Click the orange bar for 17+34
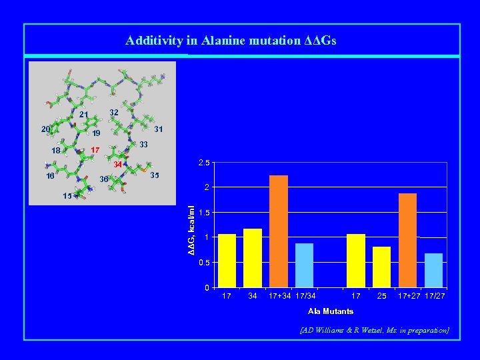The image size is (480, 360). [x=279, y=231]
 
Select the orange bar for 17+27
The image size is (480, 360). [x=407, y=240]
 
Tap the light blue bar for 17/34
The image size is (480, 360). [x=304, y=265]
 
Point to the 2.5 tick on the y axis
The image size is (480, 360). [x=205, y=163]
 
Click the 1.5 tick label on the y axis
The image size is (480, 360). [x=205, y=213]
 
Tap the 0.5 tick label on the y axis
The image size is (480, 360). [x=205, y=263]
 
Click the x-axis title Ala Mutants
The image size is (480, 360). [x=331, y=311]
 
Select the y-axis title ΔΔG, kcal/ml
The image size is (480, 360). [x=191, y=225]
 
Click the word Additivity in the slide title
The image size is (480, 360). [x=155, y=41]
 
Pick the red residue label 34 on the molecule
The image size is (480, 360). [x=117, y=163]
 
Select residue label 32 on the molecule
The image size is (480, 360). [x=114, y=112]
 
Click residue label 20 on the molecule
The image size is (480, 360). [x=45, y=129]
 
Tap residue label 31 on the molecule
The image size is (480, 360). [x=159, y=128]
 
